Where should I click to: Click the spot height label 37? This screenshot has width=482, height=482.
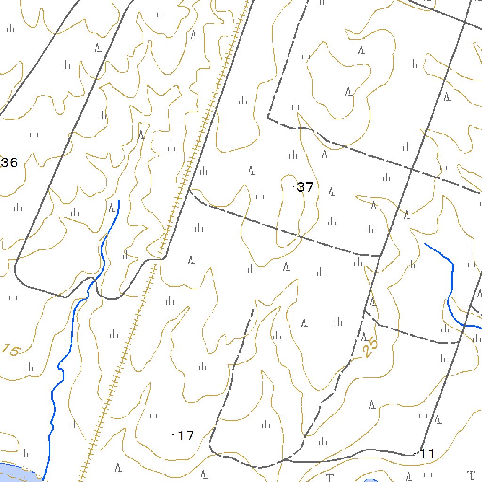coord(305,187)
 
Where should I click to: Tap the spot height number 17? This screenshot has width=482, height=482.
coord(186,436)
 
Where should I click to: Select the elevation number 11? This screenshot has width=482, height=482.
coord(427,454)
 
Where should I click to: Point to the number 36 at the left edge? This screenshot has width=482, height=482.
coord(9,163)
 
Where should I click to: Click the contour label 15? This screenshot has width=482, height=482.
coord(11,350)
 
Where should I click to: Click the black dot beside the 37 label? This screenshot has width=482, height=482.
coord(294,187)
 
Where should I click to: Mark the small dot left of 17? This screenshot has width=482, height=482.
coord(174,435)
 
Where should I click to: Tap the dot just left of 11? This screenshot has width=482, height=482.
coord(415,453)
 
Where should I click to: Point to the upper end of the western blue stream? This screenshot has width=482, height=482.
coord(119,201)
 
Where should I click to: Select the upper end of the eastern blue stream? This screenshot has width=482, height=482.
coord(425,244)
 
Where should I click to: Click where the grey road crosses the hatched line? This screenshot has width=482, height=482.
coord(157,259)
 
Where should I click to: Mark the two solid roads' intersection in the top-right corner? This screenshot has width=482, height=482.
coord(465,22)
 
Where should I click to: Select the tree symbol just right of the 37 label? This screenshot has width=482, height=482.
coord(331,192)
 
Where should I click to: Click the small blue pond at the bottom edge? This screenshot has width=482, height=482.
coord(372,480)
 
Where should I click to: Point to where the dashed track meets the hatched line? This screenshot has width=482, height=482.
coord(189,189)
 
